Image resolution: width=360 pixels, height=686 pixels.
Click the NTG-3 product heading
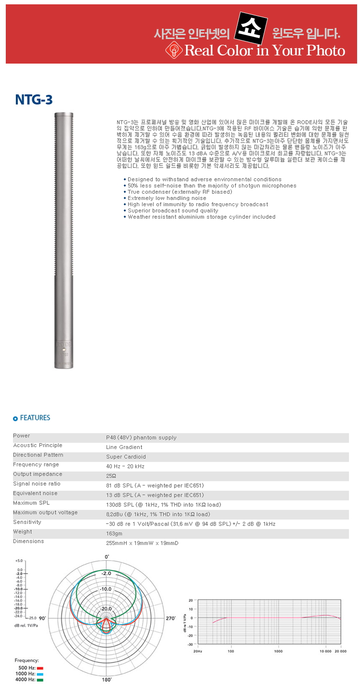click(33, 100)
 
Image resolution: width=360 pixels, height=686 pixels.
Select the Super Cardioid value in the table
click(126, 457)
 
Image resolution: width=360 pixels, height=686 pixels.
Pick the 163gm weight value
click(115, 533)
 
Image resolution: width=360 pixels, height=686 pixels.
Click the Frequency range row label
click(36, 464)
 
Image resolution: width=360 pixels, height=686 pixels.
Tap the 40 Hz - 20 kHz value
click(125, 466)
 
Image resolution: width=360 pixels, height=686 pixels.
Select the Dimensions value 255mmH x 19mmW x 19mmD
click(142, 543)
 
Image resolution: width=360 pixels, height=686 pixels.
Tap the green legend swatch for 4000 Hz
click(40, 680)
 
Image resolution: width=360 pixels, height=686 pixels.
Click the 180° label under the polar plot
click(107, 680)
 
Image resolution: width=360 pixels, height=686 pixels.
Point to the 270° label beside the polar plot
click(171, 618)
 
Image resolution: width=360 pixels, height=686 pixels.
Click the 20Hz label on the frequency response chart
click(197, 651)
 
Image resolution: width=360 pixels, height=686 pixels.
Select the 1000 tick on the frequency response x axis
click(278, 651)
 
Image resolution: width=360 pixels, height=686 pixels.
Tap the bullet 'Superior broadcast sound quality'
click(173, 211)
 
